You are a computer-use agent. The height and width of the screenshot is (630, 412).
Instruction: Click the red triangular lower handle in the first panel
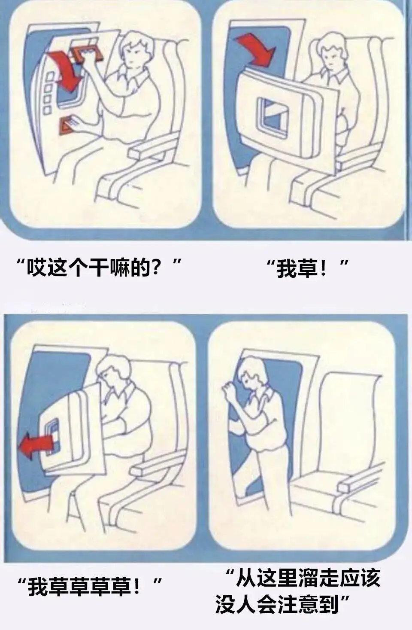67,125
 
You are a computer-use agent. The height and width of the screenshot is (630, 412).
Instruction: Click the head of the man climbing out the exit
252,374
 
